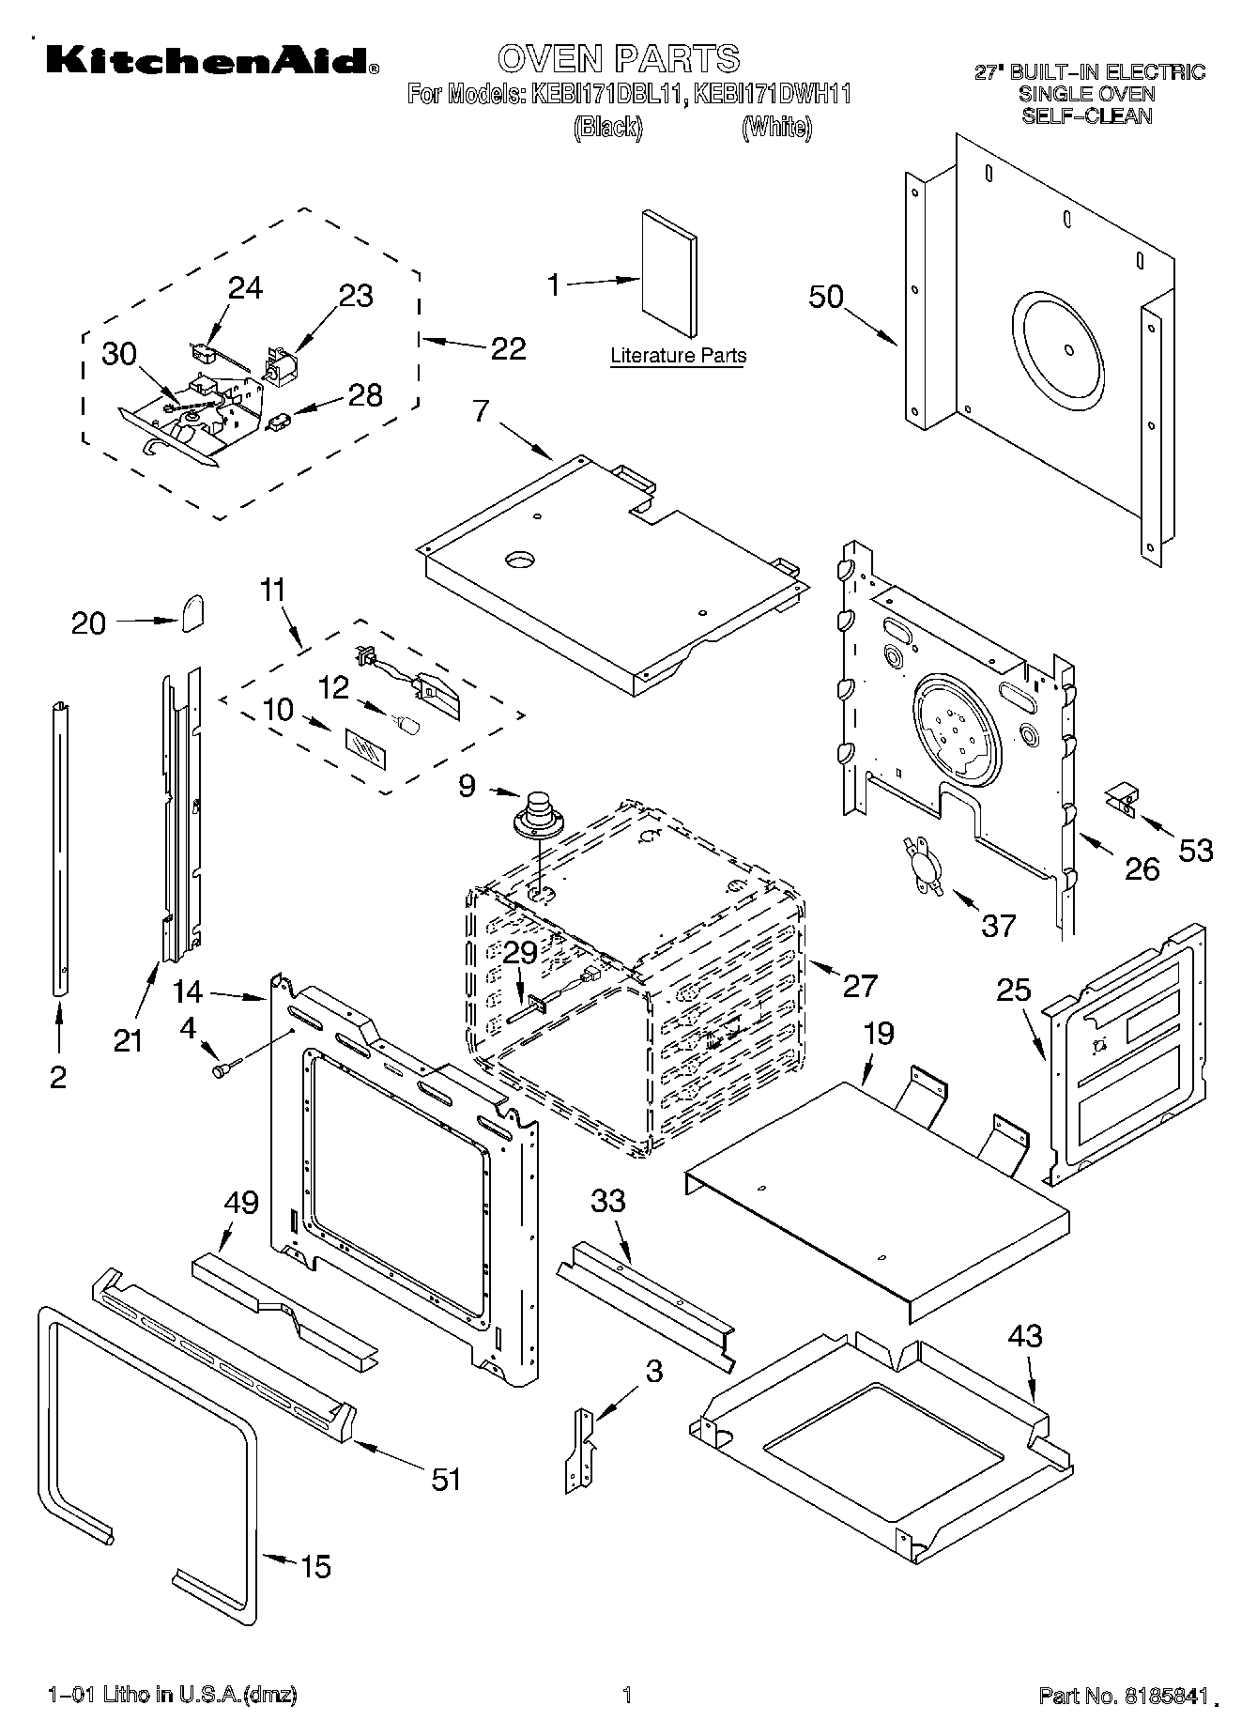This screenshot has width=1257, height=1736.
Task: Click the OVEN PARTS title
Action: pyautogui.click(x=619, y=58)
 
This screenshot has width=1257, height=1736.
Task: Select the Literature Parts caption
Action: pyautogui.click(x=678, y=356)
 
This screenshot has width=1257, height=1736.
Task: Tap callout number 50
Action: pyautogui.click(x=826, y=297)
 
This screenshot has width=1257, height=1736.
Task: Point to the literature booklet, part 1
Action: pyautogui.click(x=668, y=272)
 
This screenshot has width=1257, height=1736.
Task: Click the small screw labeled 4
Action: pyautogui.click(x=225, y=1068)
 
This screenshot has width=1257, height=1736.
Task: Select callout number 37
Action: pyautogui.click(x=998, y=926)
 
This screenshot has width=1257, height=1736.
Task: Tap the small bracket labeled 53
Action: pyautogui.click(x=1120, y=799)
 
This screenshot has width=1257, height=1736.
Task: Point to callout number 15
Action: pyautogui.click(x=315, y=1566)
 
